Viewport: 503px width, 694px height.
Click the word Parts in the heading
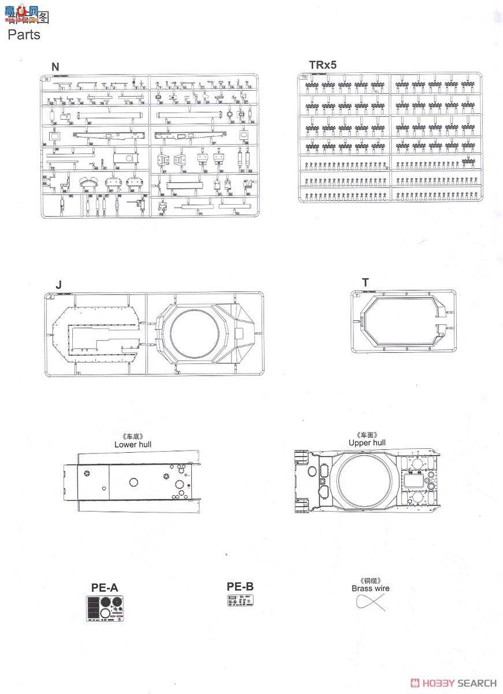click(24, 35)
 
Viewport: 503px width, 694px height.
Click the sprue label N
click(55, 67)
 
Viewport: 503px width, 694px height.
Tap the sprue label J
click(58, 285)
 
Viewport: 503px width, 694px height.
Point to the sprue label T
click(365, 282)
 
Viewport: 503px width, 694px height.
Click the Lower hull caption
click(133, 445)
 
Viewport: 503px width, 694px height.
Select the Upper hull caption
click(367, 443)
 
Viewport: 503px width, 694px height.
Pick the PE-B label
click(240, 586)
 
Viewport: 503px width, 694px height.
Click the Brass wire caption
click(370, 588)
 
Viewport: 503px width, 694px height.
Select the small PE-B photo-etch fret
click(240, 601)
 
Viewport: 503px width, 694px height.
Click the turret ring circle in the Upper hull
click(364, 481)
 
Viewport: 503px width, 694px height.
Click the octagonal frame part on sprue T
click(403, 320)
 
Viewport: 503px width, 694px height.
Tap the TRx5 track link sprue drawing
click(390, 138)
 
